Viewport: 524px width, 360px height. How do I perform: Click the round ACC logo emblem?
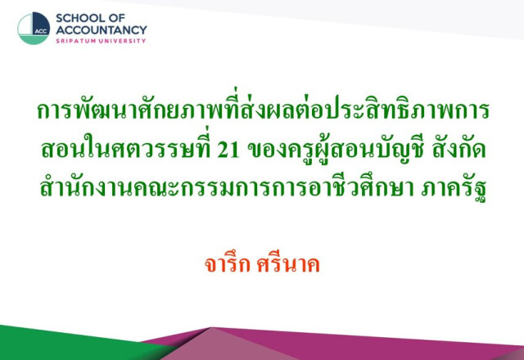[34, 29]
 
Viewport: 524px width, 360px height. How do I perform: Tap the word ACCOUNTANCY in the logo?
[102, 29]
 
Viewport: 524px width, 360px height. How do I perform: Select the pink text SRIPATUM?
[76, 41]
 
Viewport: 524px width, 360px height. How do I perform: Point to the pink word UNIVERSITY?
[123, 41]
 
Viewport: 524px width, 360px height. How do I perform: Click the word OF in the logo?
[116, 18]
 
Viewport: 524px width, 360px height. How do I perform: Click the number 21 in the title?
[228, 150]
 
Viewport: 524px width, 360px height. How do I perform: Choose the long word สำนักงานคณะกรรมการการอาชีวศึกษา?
[227, 187]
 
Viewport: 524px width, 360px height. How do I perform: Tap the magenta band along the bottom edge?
[351, 344]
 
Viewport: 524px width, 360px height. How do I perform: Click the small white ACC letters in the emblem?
[41, 32]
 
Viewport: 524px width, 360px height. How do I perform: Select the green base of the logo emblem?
[33, 40]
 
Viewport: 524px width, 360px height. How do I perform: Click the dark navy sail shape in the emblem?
[41, 24]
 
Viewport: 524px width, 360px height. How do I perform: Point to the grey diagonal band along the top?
[334, 15]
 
